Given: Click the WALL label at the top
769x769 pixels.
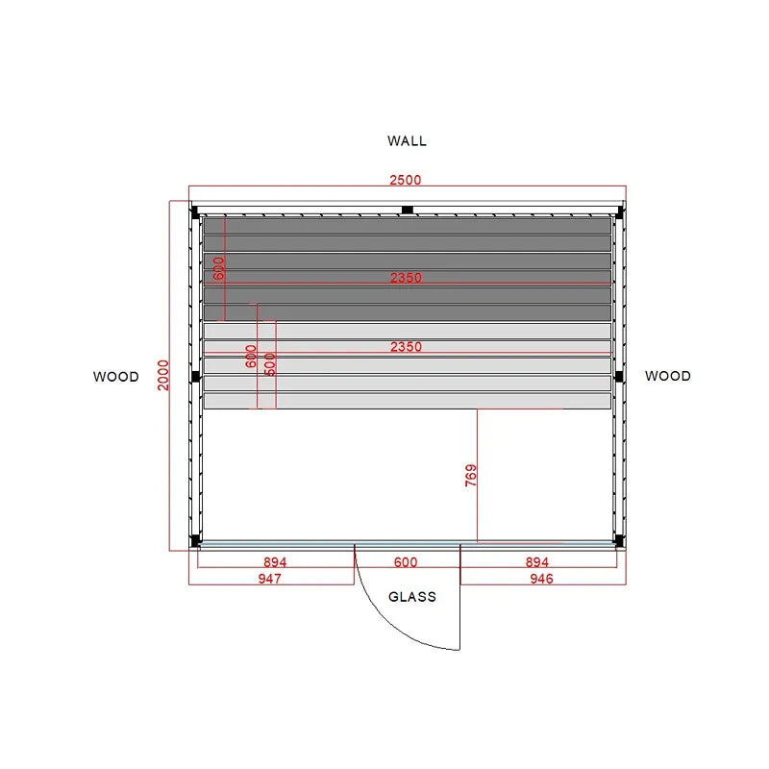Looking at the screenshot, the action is click(x=407, y=141).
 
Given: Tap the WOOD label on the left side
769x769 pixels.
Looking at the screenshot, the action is click(x=116, y=377).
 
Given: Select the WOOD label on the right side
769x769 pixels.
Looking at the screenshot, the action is click(x=668, y=376).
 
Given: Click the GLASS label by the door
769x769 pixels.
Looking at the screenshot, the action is click(x=412, y=597).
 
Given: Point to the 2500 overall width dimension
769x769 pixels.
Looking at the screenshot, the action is click(x=406, y=180).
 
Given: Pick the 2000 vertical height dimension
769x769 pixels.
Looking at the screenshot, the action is click(x=163, y=375).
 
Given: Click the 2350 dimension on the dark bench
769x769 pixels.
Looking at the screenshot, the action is click(x=406, y=278).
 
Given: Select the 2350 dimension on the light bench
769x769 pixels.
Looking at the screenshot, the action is click(x=406, y=347).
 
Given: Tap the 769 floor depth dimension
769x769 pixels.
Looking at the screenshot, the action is click(x=471, y=475).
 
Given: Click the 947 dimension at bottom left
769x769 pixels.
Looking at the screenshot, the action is click(x=270, y=579).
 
